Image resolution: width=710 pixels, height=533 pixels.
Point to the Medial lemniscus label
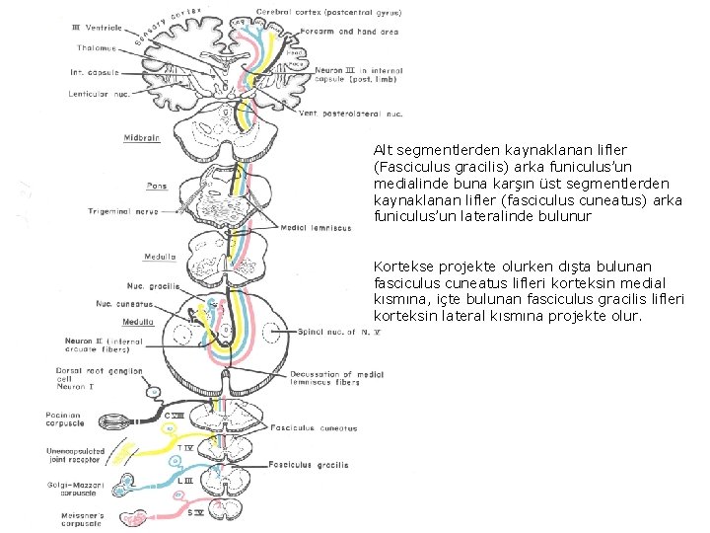[316, 228]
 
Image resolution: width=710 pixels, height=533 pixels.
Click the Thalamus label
[94, 47]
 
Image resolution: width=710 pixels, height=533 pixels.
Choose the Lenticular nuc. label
[102, 95]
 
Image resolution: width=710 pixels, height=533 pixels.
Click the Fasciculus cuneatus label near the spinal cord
[319, 428]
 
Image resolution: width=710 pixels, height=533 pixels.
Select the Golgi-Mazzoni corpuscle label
[77, 489]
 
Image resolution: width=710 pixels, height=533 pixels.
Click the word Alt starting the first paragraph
[384, 151]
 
